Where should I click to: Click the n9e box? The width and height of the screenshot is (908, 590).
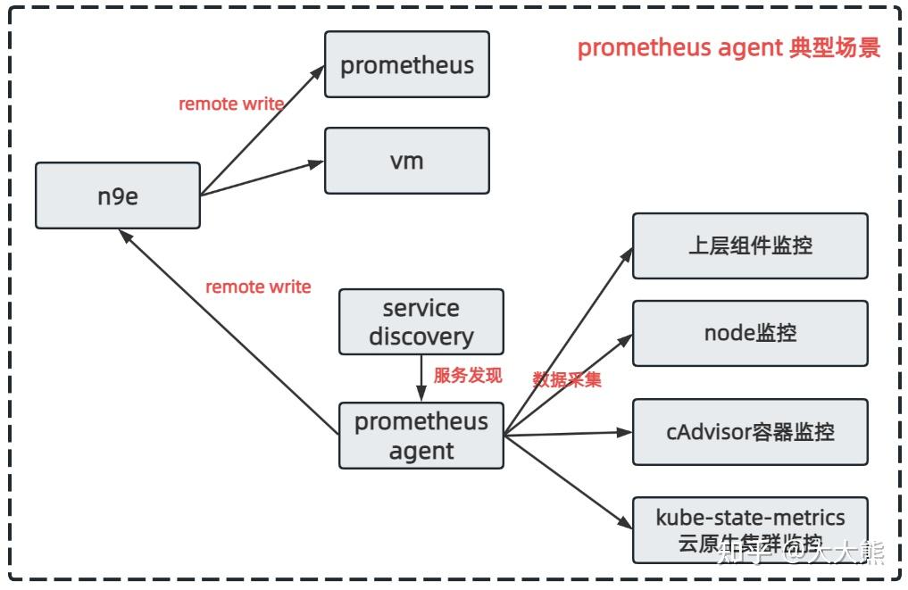point(118,195)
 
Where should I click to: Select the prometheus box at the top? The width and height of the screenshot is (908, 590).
point(407,65)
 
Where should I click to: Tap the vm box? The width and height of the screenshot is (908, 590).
point(407,162)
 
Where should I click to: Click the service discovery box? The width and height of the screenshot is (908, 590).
point(421,322)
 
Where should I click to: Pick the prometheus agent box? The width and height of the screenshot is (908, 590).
point(421,436)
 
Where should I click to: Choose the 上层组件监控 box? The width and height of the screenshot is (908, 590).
point(750,246)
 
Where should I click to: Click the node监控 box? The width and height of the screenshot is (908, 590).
point(750,334)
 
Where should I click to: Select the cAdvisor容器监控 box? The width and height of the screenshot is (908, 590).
point(750,433)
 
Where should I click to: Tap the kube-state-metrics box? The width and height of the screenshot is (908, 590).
point(750,529)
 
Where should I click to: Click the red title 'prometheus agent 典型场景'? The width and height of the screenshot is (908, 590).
point(729,48)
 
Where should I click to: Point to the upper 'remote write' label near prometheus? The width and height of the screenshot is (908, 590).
point(231,104)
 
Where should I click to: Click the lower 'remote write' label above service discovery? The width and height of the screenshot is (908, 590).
point(258,287)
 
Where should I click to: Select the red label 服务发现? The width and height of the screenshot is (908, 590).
point(468,376)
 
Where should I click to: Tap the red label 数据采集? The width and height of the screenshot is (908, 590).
point(567,379)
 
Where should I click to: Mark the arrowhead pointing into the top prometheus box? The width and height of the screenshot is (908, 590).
point(317,70)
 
